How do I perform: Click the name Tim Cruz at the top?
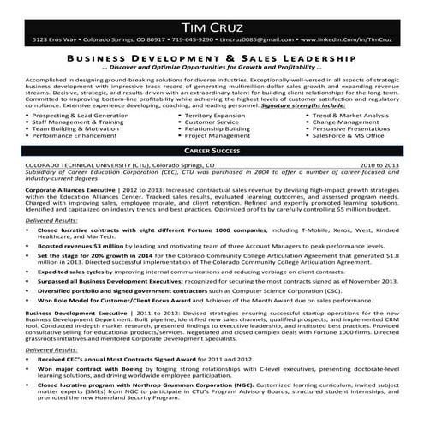pos(212,19)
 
